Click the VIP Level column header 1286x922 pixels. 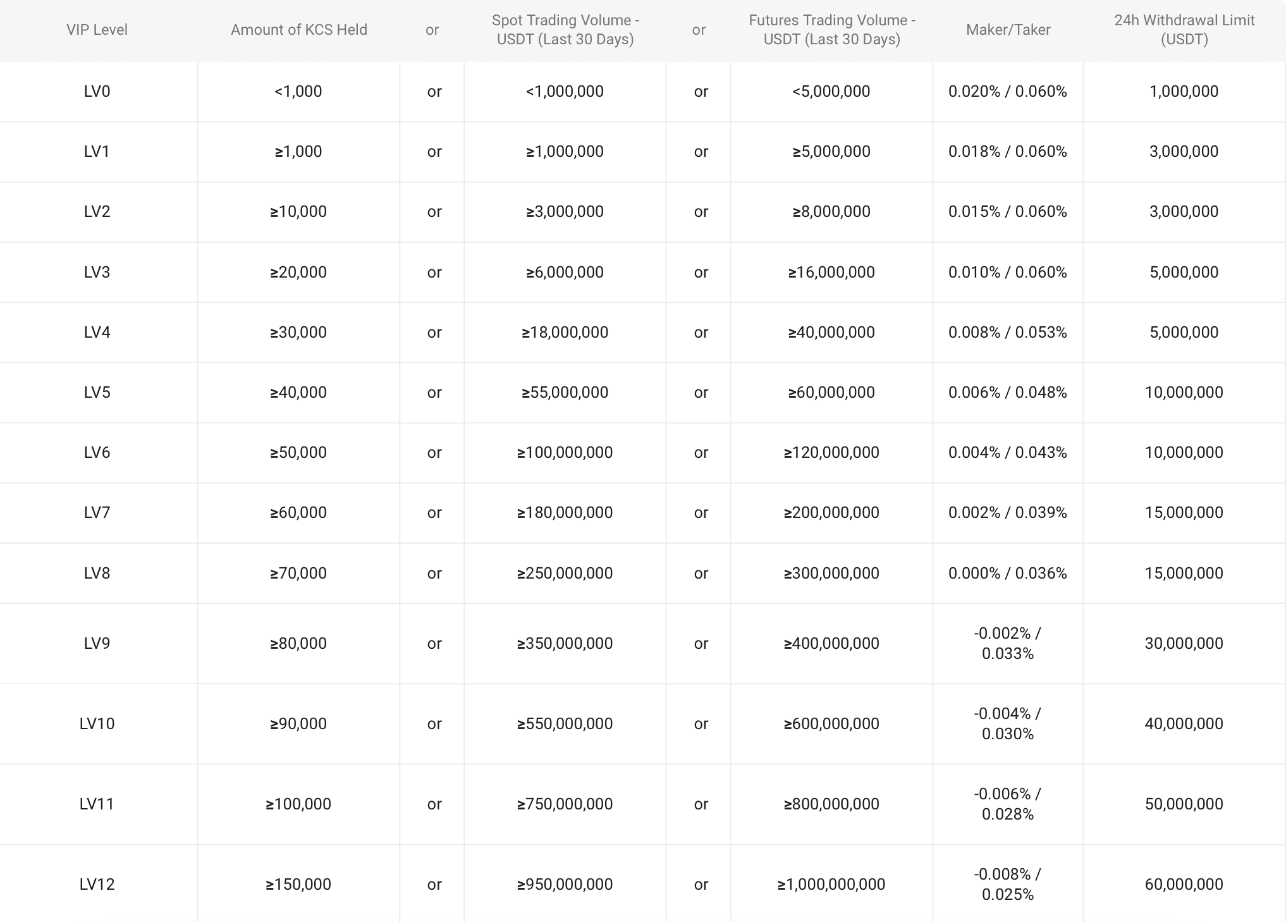(x=97, y=30)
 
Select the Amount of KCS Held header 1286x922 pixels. (x=298, y=30)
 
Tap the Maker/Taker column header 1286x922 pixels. (x=1008, y=30)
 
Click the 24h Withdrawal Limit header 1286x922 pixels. (x=1184, y=30)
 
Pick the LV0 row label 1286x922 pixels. (x=97, y=92)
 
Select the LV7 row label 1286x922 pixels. (x=97, y=513)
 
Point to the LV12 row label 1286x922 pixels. (x=97, y=884)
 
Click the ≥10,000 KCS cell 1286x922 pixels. (x=298, y=212)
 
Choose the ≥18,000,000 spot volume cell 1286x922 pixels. (x=565, y=333)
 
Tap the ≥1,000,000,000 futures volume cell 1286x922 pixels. (x=831, y=884)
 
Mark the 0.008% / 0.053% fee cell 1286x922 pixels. (x=1007, y=333)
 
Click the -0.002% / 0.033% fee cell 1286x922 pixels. (x=1007, y=643)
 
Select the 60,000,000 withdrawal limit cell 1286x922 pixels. (x=1184, y=884)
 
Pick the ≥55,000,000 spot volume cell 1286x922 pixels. (x=565, y=393)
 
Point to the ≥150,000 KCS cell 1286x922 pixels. (x=298, y=884)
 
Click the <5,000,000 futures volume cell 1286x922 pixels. (x=831, y=92)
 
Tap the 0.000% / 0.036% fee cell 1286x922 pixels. (x=1007, y=574)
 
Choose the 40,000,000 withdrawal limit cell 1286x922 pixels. (x=1184, y=723)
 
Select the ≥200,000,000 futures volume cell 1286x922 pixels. (x=831, y=513)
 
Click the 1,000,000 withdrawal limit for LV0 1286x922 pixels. (x=1184, y=92)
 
